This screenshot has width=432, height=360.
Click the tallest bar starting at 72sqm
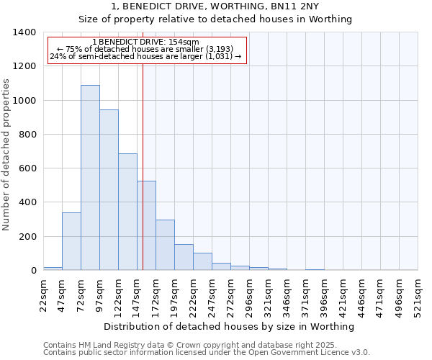[90, 178]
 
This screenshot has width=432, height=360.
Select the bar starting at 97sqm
[109, 190]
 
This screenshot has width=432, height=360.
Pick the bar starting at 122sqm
[127, 212]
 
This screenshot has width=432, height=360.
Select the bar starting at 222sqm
[202, 262]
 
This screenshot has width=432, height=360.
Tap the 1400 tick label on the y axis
[24, 32]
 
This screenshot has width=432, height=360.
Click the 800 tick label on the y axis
[27, 135]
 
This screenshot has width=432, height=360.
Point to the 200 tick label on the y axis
[27, 237]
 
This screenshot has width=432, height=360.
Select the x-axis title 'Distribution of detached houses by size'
[229, 327]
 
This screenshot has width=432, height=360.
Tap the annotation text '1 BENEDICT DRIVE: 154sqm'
[146, 42]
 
